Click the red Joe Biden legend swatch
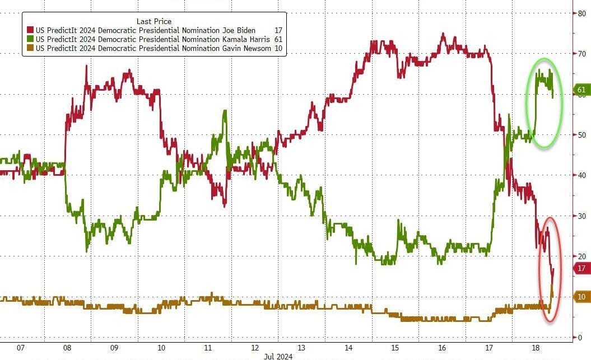(x=30, y=30)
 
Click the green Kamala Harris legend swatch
(x=30, y=40)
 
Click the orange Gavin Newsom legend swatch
(x=30, y=49)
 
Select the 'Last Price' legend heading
(x=154, y=21)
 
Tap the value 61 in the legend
(x=278, y=40)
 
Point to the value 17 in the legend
(x=278, y=30)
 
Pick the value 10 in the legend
(x=278, y=49)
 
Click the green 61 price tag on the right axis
(x=581, y=90)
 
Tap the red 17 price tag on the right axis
(x=581, y=268)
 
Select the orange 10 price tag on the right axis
(x=581, y=297)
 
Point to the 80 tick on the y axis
(x=582, y=13)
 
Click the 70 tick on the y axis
(x=582, y=54)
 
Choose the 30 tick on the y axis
(x=582, y=216)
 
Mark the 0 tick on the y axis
(x=580, y=338)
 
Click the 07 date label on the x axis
(x=21, y=348)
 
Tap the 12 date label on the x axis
(x=255, y=348)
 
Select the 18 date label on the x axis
(x=536, y=348)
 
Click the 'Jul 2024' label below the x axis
(x=278, y=356)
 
